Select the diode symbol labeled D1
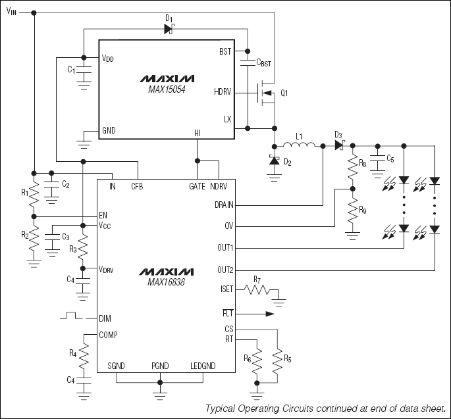tap(169, 28)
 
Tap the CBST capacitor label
tap(263, 63)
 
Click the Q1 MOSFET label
tap(284, 93)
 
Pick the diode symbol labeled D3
tap(339, 145)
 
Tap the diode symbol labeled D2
tap(274, 160)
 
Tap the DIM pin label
tap(105, 318)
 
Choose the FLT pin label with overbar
tap(228, 314)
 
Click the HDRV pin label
tap(223, 93)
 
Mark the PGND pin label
tap(161, 366)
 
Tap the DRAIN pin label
tap(224, 205)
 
